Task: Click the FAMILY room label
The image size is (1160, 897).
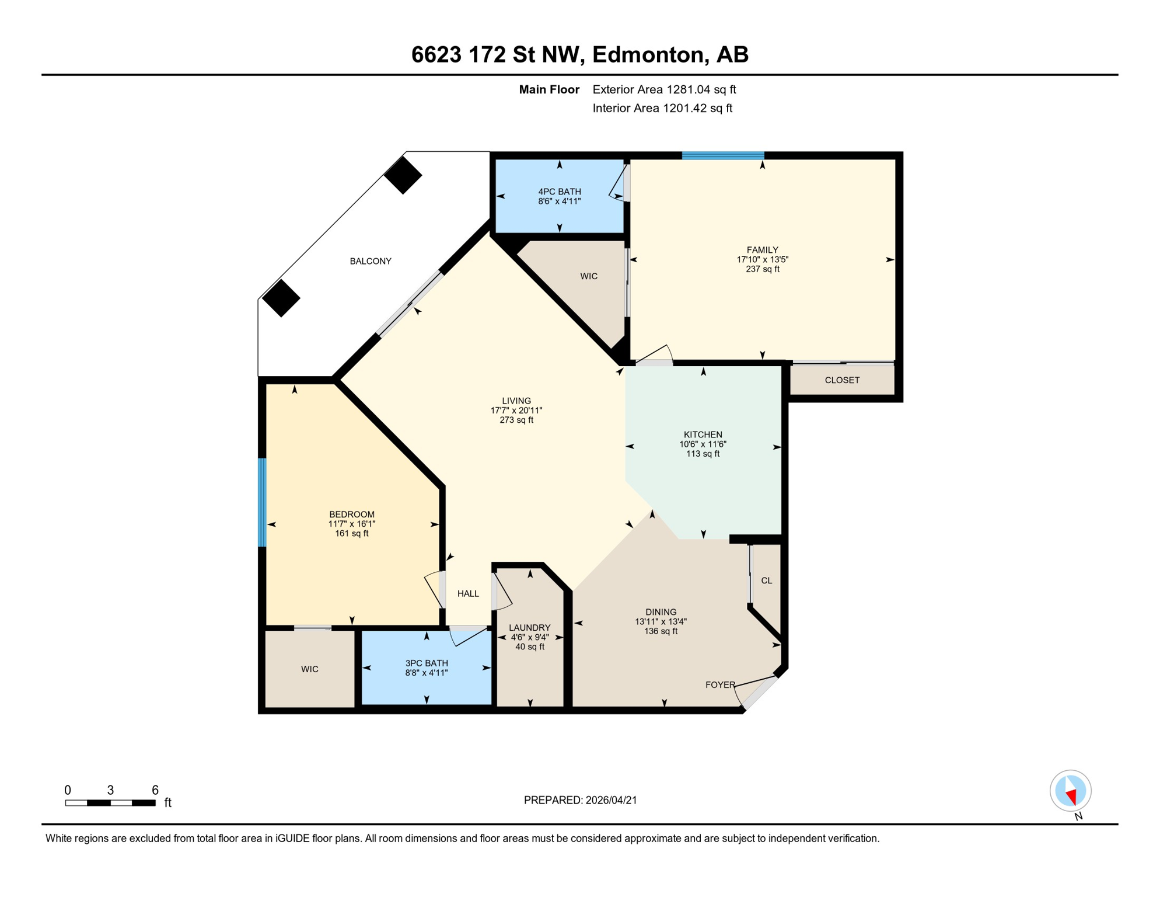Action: [762, 250]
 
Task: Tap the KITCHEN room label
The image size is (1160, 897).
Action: [703, 434]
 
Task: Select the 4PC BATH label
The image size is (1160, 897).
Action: [559, 192]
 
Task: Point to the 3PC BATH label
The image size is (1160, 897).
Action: [427, 663]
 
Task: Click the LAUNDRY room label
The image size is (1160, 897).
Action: [529, 628]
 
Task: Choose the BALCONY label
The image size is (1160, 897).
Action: [371, 261]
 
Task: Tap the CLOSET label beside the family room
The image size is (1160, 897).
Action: [841, 380]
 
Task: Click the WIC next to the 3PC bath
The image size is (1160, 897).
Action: [310, 669]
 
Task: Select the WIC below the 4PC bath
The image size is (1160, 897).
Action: [589, 276]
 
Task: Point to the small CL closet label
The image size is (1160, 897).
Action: [766, 580]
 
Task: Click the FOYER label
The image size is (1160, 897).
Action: [720, 684]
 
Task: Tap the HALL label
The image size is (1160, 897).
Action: [468, 593]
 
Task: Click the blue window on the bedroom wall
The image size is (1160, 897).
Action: [263, 502]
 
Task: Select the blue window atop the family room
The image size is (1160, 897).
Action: [723, 155]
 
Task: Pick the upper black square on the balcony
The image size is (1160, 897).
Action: [403, 175]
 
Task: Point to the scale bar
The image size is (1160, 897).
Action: [110, 803]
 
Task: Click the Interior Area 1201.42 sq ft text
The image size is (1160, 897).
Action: [662, 108]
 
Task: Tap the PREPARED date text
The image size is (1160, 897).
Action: [580, 800]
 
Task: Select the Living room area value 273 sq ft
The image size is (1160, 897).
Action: [516, 420]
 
